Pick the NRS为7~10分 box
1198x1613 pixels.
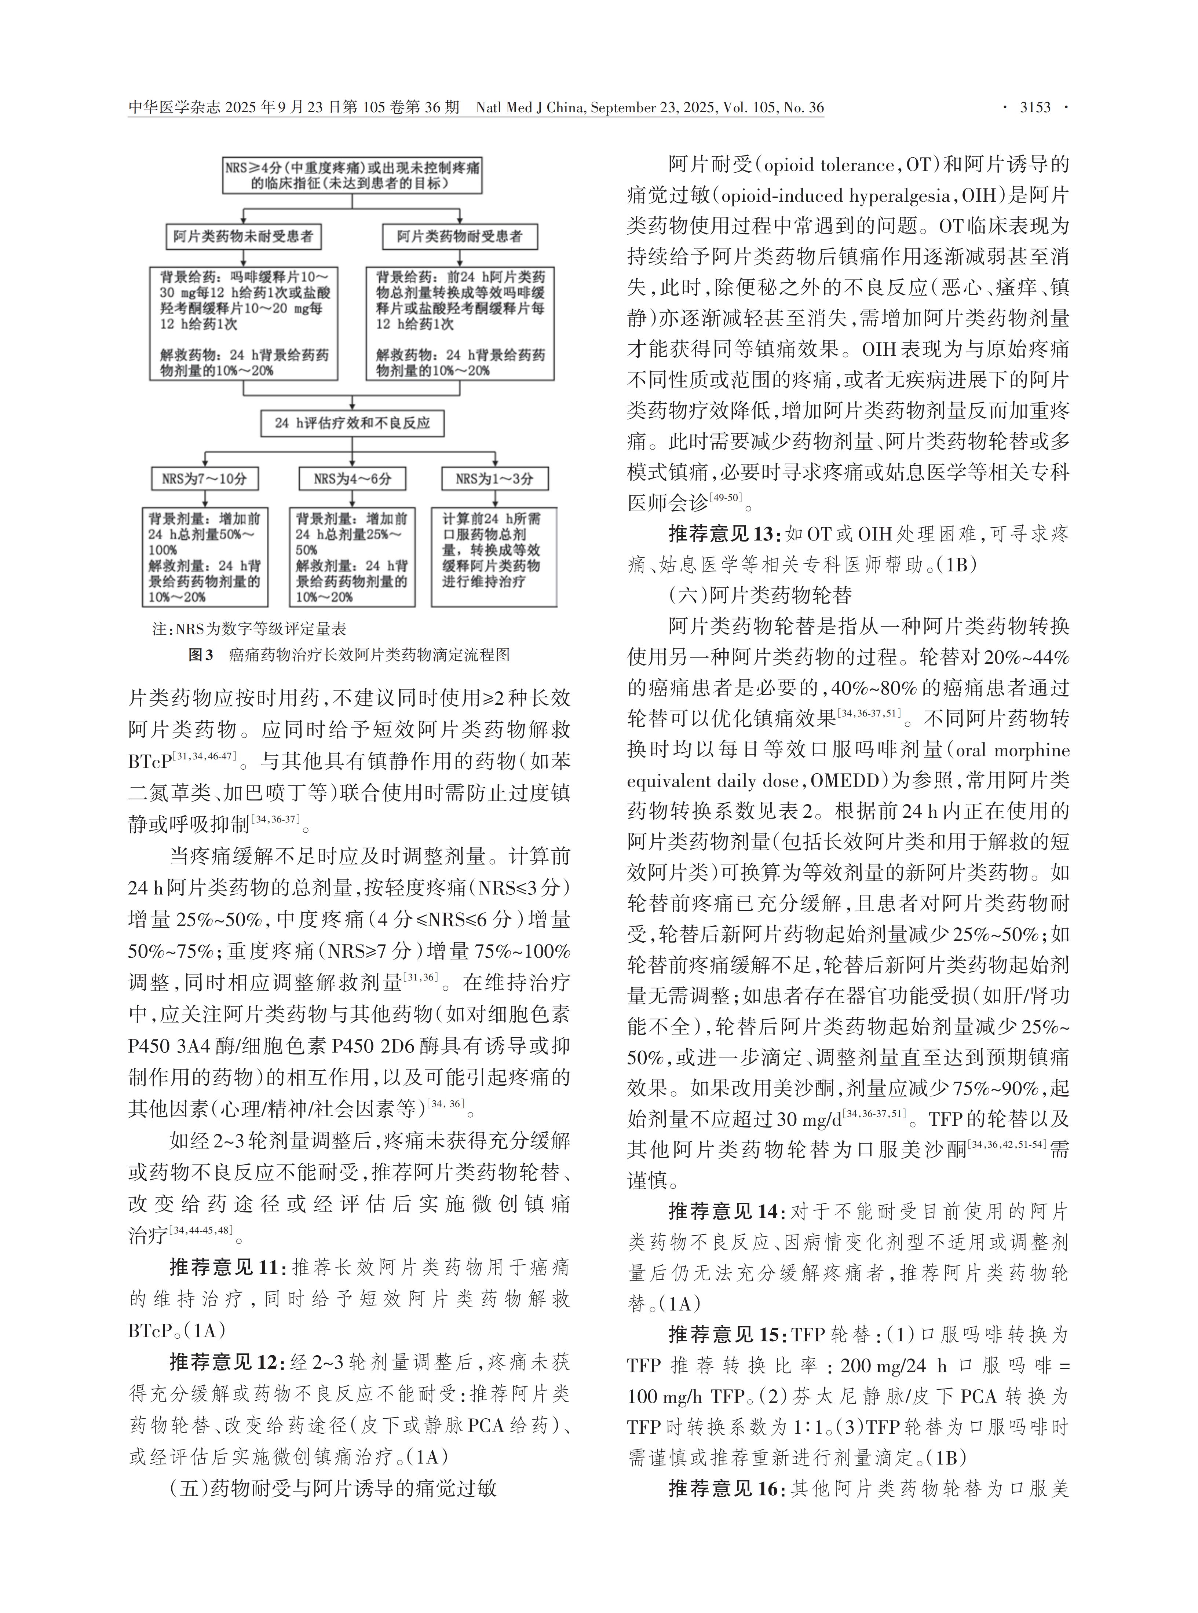(205, 479)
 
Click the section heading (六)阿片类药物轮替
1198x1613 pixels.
(760, 595)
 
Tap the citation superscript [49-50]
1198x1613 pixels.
(726, 496)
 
